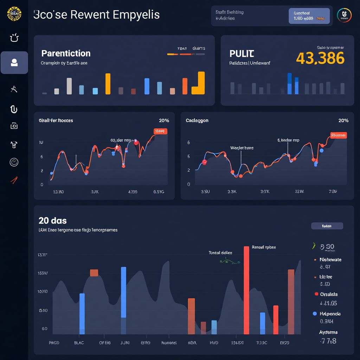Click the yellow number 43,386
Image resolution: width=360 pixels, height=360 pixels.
click(x=320, y=58)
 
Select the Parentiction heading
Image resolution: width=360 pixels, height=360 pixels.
click(x=66, y=53)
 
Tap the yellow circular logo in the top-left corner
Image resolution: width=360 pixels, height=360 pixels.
click(x=14, y=14)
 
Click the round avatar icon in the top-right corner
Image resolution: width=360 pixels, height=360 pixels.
click(x=344, y=15)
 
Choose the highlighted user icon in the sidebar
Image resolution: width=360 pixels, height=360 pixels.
click(x=14, y=63)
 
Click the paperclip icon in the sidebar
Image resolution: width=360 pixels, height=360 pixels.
click(x=14, y=109)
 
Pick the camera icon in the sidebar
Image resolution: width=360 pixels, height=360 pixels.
click(x=14, y=126)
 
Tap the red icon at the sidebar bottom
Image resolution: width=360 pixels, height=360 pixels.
click(x=14, y=181)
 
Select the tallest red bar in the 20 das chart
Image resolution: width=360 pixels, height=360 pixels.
click(x=246, y=290)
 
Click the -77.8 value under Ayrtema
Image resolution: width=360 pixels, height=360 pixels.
click(x=328, y=341)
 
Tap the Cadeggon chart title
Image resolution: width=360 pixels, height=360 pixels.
click(x=197, y=120)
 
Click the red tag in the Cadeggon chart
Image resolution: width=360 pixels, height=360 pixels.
click(x=338, y=135)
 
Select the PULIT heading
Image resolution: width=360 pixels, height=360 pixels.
click(x=242, y=54)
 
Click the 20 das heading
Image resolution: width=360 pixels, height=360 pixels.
click(x=52, y=221)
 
